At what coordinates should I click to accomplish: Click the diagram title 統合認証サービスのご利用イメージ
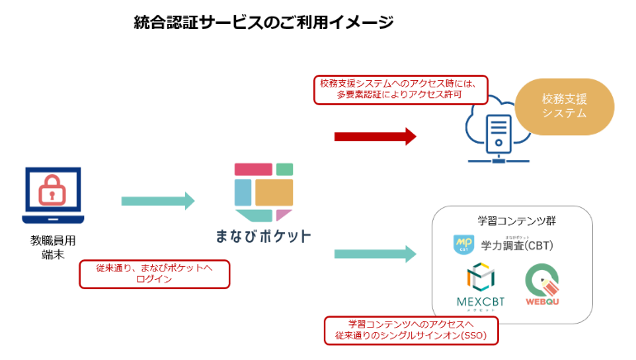pos(263,22)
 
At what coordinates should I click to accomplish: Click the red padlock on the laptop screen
pos(52,191)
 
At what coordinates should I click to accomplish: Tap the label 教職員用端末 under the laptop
pos(53,248)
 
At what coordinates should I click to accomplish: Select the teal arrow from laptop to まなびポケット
pos(158,201)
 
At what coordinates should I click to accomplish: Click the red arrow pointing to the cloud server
pos(375,136)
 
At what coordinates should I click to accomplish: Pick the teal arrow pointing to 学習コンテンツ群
pos(375,254)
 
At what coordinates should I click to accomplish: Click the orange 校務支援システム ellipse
pos(564,107)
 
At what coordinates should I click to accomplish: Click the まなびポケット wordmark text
pos(263,236)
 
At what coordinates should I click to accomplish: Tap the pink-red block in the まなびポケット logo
pos(253,169)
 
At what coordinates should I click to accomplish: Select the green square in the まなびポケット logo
pos(284,169)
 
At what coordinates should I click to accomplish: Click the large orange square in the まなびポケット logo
pos(274,192)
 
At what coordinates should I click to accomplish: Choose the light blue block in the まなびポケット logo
pos(243,192)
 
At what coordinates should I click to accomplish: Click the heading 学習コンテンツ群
pos(516,221)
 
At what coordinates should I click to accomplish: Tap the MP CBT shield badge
pos(463,245)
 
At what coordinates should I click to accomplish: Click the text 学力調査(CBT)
pos(517,246)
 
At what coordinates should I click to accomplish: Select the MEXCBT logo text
pos(481,302)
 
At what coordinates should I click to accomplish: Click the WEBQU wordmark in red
pos(543,301)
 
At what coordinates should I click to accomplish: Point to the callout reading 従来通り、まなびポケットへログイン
pos(154,274)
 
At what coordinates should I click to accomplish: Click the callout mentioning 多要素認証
pos(401,90)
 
